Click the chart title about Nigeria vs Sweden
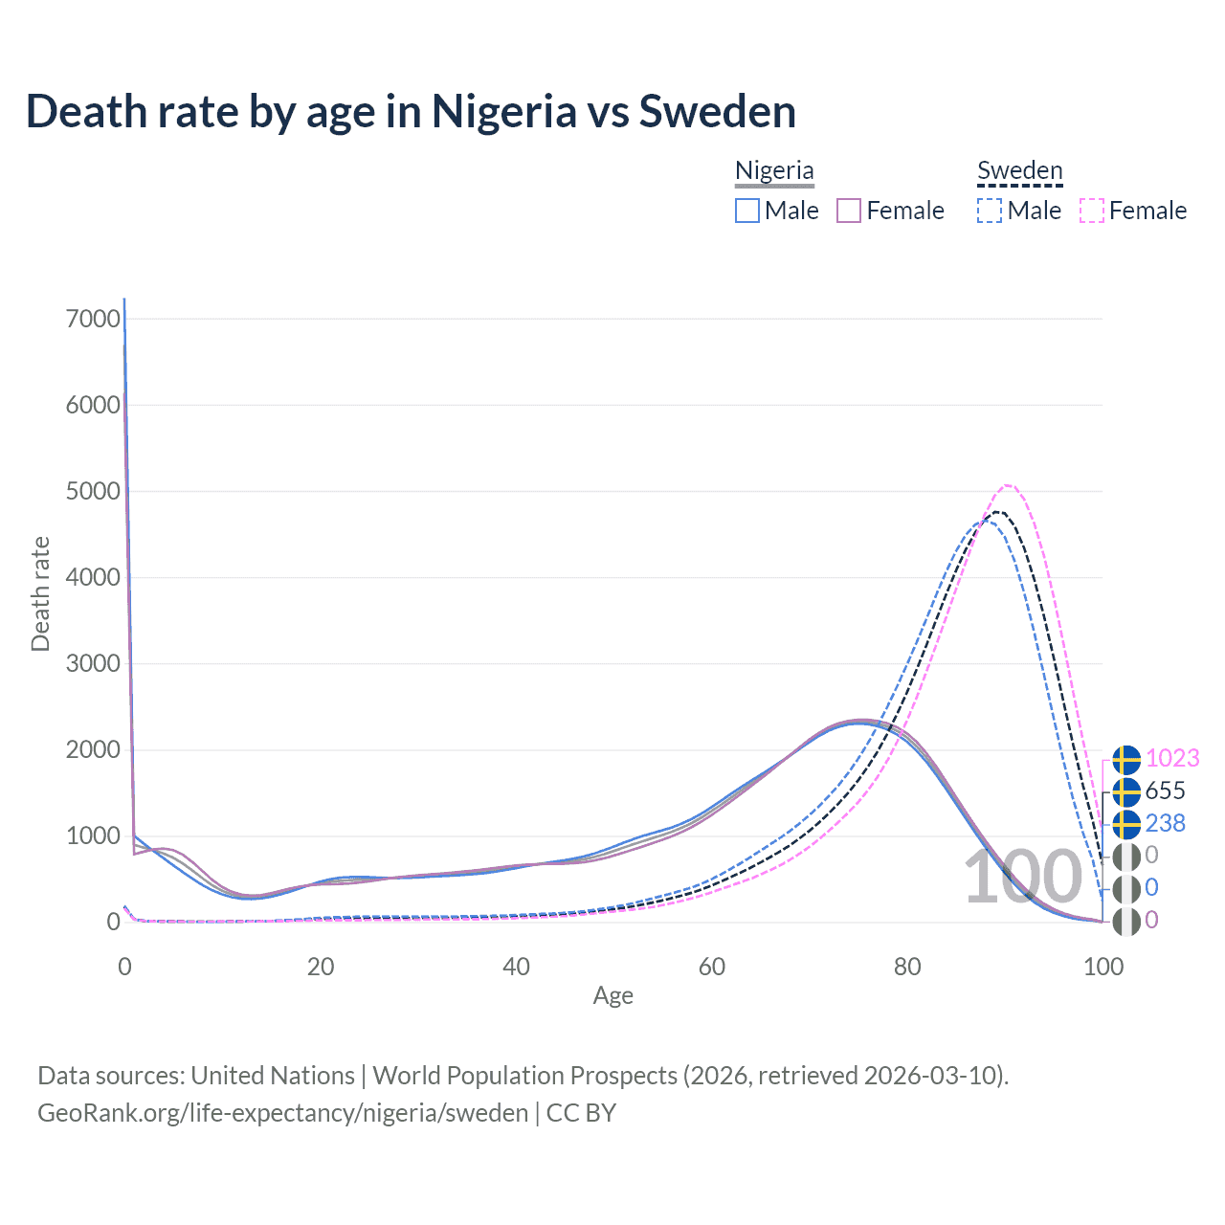[x=411, y=111]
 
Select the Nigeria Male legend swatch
[x=747, y=211]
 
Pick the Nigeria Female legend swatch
[x=849, y=211]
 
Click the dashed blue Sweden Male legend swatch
[x=990, y=211]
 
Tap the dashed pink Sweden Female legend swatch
[x=1092, y=211]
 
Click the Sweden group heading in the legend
[x=1020, y=170]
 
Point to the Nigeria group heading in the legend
[x=774, y=170]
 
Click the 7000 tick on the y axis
[x=93, y=319]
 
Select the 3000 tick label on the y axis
[x=93, y=663]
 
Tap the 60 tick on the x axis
[x=712, y=967]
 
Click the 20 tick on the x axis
[x=321, y=967]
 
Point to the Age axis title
[x=612, y=996]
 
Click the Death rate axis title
[x=40, y=593]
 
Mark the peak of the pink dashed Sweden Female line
[x=1008, y=485]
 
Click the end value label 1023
[x=1172, y=758]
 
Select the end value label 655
[x=1165, y=791]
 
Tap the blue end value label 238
[x=1165, y=823]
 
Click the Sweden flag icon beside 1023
[x=1126, y=759]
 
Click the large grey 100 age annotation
[x=1022, y=878]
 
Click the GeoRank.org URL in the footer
[x=282, y=1113]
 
